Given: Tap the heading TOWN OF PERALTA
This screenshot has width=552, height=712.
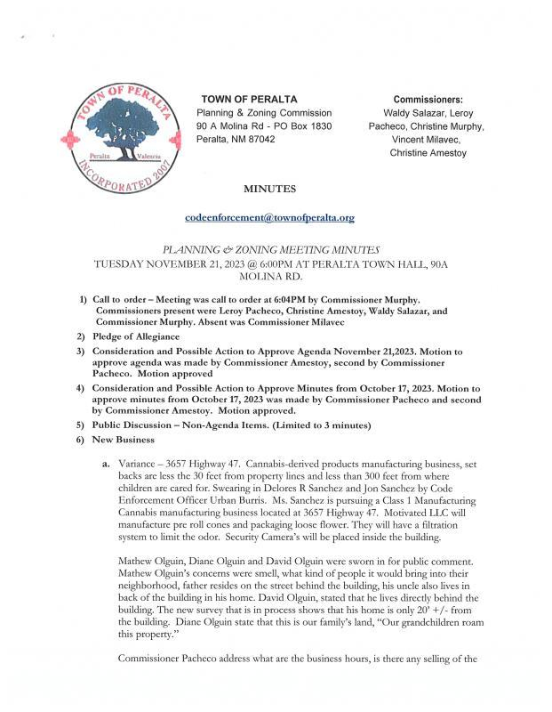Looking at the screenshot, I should [249, 99].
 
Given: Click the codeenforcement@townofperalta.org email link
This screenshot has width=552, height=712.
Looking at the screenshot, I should [269, 217].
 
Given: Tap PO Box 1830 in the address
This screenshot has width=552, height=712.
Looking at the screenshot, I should [305, 126].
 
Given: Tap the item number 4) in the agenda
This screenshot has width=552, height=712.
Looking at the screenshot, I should [81, 389].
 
